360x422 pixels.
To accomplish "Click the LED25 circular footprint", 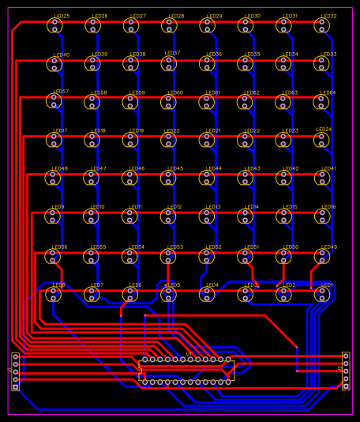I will pyautogui.click(x=54, y=26).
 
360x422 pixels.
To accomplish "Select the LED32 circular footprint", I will pyautogui.click(x=321, y=26).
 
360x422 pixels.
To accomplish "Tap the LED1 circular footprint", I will pyautogui.click(x=321, y=295).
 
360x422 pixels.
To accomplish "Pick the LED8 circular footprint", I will pyautogui.click(x=54, y=295).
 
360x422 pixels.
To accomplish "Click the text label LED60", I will pyautogui.click(x=175, y=92).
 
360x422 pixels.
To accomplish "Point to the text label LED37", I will pyautogui.click(x=172, y=54).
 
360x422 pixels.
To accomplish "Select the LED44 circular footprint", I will pyautogui.click(x=207, y=179).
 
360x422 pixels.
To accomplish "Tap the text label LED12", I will pyautogui.click(x=174, y=207).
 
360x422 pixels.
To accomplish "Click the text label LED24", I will pyautogui.click(x=324, y=130).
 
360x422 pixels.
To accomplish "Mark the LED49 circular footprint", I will pyautogui.click(x=321, y=256).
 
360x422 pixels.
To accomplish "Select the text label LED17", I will pyautogui.click(x=60, y=130).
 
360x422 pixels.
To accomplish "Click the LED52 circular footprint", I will pyautogui.click(x=207, y=256).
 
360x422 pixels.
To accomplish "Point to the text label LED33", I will pyautogui.click(x=328, y=55).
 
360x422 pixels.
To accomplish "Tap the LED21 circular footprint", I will pyautogui.click(x=207, y=140).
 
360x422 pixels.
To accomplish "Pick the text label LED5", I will pyautogui.click(x=174, y=285).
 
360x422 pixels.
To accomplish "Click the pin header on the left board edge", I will pyautogui.click(x=15, y=371).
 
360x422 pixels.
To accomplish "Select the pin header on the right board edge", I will pyautogui.click(x=346, y=371).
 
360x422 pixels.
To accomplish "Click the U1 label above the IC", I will pyautogui.click(x=189, y=354).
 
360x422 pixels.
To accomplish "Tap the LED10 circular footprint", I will pyautogui.click(x=92, y=217).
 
